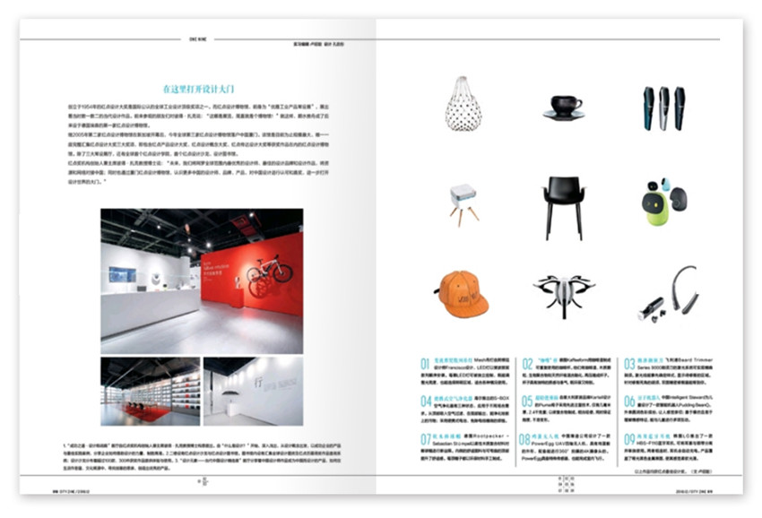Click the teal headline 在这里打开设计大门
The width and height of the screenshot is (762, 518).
tap(198, 90)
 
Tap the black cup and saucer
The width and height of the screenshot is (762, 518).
tap(566, 107)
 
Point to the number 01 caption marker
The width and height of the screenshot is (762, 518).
tap(427, 364)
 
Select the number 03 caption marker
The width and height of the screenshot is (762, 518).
tap(629, 364)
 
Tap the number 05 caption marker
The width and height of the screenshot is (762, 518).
tap(528, 401)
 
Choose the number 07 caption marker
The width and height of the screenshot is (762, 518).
tap(427, 438)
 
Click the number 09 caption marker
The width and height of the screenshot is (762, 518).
tap(629, 438)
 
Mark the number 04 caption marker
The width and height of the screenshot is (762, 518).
tap(427, 401)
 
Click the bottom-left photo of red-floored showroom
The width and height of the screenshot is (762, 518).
tap(150, 392)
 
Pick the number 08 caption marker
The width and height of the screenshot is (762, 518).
tap(528, 438)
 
